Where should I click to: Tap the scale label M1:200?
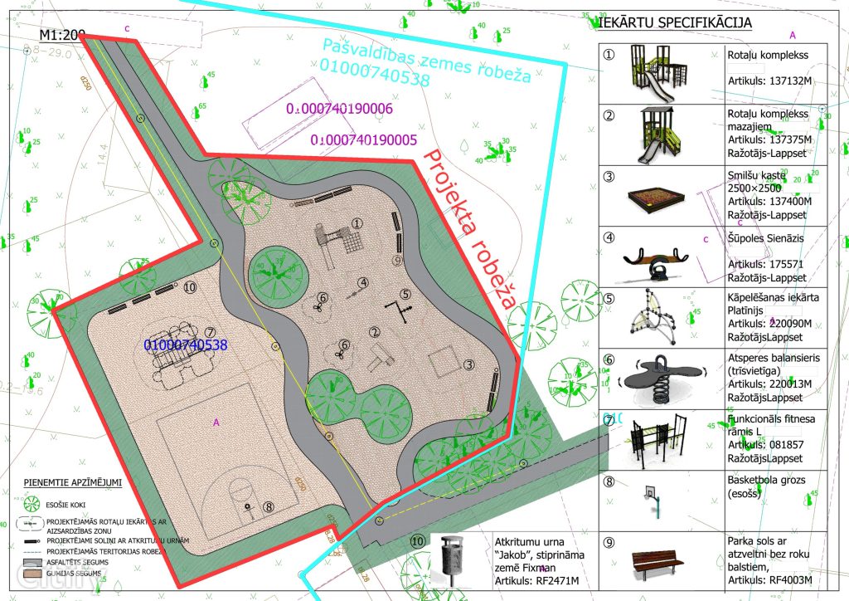(62, 35)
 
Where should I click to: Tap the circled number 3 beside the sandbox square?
(468, 364)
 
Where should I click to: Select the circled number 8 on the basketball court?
(268, 506)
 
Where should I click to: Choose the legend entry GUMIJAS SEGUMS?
(74, 573)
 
